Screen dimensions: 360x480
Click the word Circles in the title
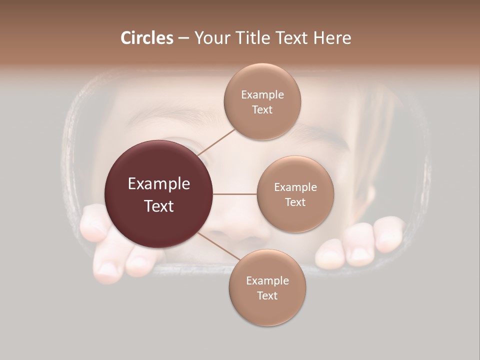click(147, 38)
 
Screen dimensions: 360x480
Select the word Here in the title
click(332, 38)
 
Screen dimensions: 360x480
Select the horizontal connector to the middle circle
click(235, 194)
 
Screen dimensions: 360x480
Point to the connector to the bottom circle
click(215, 245)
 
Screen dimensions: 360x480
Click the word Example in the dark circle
click(159, 184)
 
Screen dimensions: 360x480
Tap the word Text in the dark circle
click(159, 206)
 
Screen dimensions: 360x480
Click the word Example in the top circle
click(262, 95)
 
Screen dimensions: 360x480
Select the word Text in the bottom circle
click(267, 296)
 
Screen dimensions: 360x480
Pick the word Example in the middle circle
click(295, 187)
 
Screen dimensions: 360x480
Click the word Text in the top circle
click(262, 110)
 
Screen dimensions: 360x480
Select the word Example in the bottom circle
click(267, 281)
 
